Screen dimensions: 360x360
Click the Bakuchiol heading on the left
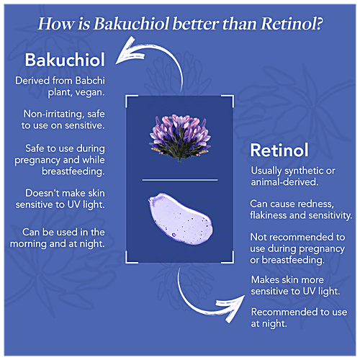tap(65, 60)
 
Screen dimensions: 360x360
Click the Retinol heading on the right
tap(279, 150)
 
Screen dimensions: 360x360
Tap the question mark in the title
tap(318, 24)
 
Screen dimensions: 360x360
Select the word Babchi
tap(90, 81)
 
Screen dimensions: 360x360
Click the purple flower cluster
tap(180, 138)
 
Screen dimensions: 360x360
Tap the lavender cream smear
tap(180, 219)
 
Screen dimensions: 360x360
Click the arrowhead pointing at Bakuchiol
tap(128, 53)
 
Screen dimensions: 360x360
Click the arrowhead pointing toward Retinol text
tap(232, 308)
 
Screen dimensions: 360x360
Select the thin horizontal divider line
tap(180, 180)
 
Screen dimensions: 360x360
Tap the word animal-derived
tap(284, 182)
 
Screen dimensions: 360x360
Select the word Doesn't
tap(39, 193)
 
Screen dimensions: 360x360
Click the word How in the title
tap(56, 24)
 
